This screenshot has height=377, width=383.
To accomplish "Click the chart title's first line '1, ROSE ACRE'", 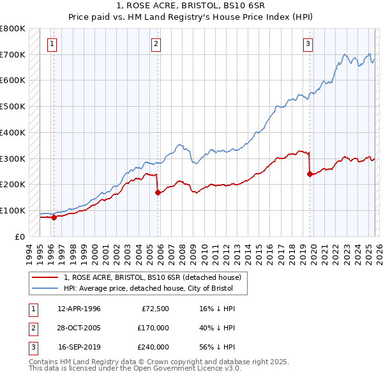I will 191,5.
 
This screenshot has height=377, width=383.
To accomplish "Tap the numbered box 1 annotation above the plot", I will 52,44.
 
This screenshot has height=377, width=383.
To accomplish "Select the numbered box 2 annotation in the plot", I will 156,44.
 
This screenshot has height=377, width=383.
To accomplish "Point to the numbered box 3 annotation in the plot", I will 308,44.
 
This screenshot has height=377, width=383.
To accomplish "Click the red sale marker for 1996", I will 54,217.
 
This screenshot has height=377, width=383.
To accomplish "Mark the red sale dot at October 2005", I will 158,192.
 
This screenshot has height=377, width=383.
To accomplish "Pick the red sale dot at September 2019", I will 310,173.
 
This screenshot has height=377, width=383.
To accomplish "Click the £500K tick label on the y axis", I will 13,107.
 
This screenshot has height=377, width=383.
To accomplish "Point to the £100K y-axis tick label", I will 13,210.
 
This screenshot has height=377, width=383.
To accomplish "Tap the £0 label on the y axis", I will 19,236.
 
